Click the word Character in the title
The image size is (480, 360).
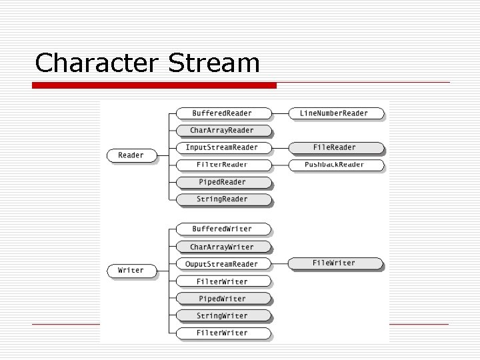pyautogui.click(x=97, y=63)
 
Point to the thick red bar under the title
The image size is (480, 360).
pyautogui.click(x=155, y=85)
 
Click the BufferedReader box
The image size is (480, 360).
pyautogui.click(x=223, y=113)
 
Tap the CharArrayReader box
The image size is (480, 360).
pyautogui.click(x=223, y=130)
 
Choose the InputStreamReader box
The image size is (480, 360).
pyautogui.click(x=223, y=147)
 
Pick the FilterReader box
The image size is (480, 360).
pyautogui.click(x=223, y=165)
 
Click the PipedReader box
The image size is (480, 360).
pyautogui.click(x=223, y=182)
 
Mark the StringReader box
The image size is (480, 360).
pyautogui.click(x=223, y=199)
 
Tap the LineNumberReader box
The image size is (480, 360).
pyautogui.click(x=335, y=113)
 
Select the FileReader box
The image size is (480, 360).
pyautogui.click(x=335, y=147)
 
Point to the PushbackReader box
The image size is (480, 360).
pyautogui.click(x=335, y=165)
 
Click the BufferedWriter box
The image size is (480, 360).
pyautogui.click(x=223, y=229)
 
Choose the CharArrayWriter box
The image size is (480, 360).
pyautogui.click(x=223, y=247)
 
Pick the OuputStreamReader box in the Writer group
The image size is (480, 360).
pyautogui.click(x=223, y=264)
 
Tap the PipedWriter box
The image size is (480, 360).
pyautogui.click(x=223, y=299)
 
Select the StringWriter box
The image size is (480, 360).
pyautogui.click(x=223, y=316)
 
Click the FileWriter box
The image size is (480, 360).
pyautogui.click(x=335, y=263)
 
